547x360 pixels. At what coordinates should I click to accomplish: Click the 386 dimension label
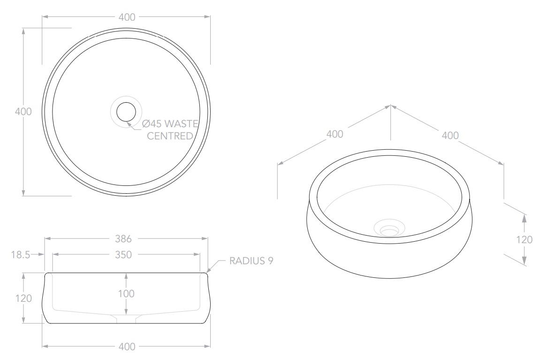(x=123, y=239)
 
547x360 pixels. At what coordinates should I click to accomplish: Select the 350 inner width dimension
(x=123, y=255)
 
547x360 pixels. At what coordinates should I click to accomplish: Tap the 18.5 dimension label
(x=21, y=255)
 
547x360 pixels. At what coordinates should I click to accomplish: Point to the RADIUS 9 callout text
(x=251, y=261)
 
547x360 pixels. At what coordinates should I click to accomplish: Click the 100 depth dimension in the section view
(x=126, y=294)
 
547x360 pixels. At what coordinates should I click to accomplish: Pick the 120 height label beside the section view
(x=23, y=298)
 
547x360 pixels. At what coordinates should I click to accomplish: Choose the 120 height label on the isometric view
(x=524, y=239)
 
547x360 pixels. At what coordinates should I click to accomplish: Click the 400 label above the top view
(x=127, y=17)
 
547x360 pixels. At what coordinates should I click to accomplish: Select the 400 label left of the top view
(x=23, y=112)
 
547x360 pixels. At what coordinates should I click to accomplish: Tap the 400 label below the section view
(x=127, y=347)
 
